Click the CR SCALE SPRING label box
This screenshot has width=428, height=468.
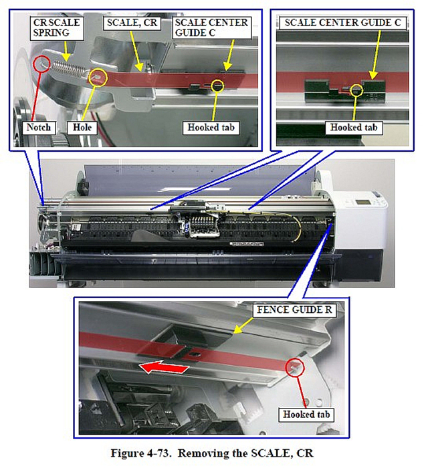(56, 28)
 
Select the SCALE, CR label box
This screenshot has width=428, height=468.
(132, 23)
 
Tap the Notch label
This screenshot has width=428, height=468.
(39, 128)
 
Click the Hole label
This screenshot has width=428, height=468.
(82, 128)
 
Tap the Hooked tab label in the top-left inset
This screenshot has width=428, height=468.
(211, 128)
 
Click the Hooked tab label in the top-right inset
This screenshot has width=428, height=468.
(354, 128)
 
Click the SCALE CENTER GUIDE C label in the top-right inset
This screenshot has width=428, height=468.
(342, 23)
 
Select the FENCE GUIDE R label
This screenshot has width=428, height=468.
(295, 310)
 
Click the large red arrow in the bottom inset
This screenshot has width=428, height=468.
(164, 368)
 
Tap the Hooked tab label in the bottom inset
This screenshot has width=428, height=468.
(306, 415)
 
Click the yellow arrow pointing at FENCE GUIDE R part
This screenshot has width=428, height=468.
(243, 326)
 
